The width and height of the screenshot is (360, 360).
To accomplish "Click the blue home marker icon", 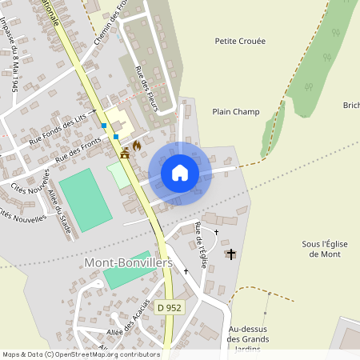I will [x=180, y=173].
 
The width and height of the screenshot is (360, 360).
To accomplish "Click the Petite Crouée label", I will [x=240, y=41].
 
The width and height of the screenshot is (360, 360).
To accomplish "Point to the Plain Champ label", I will [x=236, y=112].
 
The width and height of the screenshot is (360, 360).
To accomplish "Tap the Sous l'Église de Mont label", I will [x=322, y=248].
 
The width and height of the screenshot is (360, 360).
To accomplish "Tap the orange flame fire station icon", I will [x=137, y=146].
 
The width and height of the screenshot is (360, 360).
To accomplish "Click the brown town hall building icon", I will [x=125, y=154].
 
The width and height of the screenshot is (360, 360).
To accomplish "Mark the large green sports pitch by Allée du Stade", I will [x=85, y=200].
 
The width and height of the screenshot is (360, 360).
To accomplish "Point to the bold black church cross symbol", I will [x=231, y=254].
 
